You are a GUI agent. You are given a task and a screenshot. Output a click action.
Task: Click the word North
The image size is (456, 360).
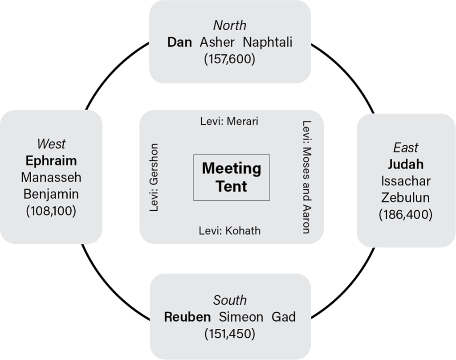229,25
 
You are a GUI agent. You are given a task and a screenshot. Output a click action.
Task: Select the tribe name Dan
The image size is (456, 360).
179,42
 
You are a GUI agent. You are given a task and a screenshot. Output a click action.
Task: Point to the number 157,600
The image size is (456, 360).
229,59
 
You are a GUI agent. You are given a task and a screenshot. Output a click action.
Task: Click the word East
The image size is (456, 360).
406,147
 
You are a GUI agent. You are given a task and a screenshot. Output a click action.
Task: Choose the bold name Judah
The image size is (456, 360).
406,164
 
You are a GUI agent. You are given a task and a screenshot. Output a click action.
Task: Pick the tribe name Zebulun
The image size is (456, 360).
406,198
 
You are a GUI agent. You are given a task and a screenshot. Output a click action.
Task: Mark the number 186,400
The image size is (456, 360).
406,215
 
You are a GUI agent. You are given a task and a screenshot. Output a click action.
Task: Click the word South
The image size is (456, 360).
229,300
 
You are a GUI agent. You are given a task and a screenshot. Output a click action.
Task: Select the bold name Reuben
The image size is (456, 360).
187,317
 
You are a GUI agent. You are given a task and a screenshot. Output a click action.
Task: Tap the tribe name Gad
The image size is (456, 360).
284,317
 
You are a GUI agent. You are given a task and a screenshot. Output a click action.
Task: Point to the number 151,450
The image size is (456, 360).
229,334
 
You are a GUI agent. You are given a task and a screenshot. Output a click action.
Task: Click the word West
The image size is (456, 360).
51,144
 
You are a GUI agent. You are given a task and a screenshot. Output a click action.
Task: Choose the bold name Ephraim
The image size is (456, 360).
51,160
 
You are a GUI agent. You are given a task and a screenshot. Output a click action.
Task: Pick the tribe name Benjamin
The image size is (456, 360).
51,194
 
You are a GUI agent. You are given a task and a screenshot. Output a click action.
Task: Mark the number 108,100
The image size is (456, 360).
51,211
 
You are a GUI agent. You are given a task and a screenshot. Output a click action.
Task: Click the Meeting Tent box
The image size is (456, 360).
232,177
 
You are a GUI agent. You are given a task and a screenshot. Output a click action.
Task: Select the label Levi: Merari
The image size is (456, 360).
229,121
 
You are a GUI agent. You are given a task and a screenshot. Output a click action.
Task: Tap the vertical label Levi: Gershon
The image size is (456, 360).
155,177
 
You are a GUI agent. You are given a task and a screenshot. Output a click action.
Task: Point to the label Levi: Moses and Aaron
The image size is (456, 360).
306,177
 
